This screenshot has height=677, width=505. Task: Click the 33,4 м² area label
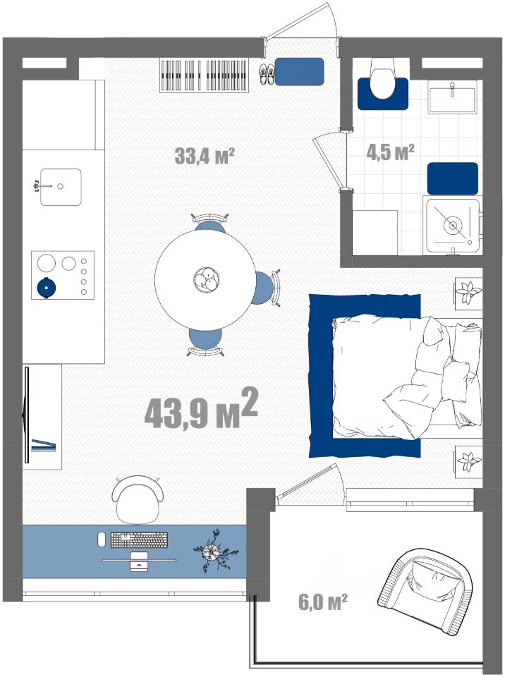[x=205, y=155]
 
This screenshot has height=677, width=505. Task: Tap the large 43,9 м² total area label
[x=201, y=408]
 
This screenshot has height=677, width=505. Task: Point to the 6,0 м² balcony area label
[x=323, y=602]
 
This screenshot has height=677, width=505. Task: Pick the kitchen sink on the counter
[x=61, y=186]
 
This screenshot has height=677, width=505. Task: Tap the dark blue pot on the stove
[x=47, y=287]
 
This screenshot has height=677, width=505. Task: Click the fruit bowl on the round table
[x=207, y=279]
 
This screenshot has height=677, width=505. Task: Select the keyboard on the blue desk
[x=139, y=539]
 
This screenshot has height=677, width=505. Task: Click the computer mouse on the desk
[x=102, y=539]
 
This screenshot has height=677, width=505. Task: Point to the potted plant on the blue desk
[x=214, y=551]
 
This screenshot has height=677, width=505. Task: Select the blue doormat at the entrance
[x=299, y=71]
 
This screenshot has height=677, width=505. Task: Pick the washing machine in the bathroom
[x=452, y=225]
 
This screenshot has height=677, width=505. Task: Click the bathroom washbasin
[x=452, y=97]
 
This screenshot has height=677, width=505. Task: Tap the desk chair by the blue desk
[x=138, y=499]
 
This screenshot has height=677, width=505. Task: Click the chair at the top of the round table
[x=210, y=223]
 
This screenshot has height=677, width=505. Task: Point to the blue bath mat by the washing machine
[x=452, y=178]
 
